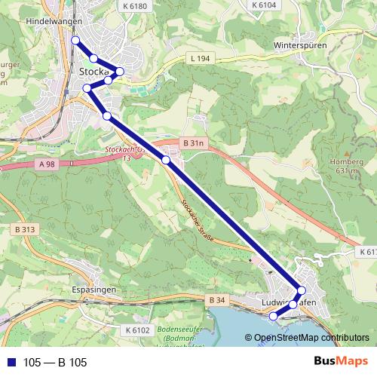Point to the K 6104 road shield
(x=264, y=5)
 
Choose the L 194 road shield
(x=199, y=58)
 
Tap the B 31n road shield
(x=194, y=142)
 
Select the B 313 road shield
(x=25, y=228)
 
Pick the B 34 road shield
(x=216, y=301)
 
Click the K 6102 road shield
(x=137, y=330)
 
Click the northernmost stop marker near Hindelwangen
(x=75, y=40)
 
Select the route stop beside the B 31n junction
(x=166, y=160)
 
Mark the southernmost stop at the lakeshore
(x=273, y=317)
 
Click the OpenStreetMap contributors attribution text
(x=311, y=339)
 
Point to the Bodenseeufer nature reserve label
(x=177, y=333)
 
